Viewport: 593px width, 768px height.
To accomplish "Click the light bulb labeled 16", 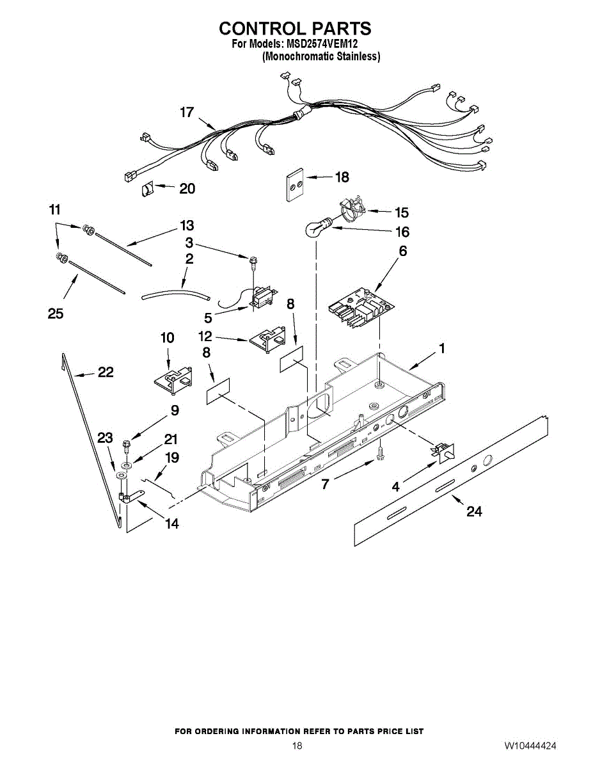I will [315, 228].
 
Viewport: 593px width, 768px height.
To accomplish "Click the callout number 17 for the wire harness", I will [186, 113].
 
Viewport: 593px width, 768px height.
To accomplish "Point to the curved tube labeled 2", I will [176, 293].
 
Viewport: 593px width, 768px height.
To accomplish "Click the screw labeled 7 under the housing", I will [379, 452].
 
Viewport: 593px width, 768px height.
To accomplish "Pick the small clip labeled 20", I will [147, 189].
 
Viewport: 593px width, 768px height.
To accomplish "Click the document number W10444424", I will [530, 746].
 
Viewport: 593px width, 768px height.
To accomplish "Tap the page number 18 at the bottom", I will [297, 746].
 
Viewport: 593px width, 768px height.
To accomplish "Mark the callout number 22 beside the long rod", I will [106, 372].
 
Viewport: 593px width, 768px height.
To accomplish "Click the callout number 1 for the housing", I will [441, 348].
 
